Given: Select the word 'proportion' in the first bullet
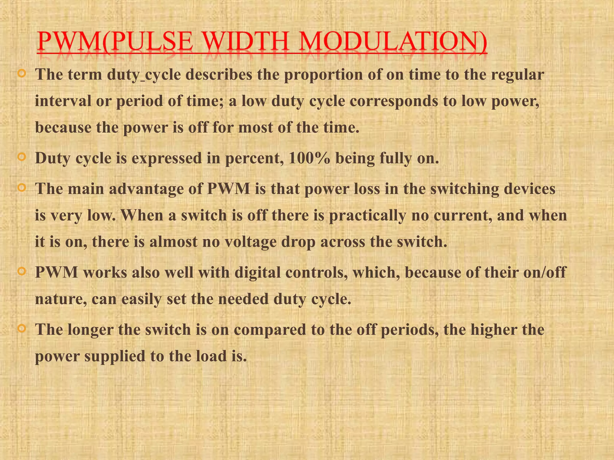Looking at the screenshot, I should pos(323,75).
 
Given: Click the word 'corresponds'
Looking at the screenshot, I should pos(394,101).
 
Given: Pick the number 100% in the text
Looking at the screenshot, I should pos(309,158).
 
